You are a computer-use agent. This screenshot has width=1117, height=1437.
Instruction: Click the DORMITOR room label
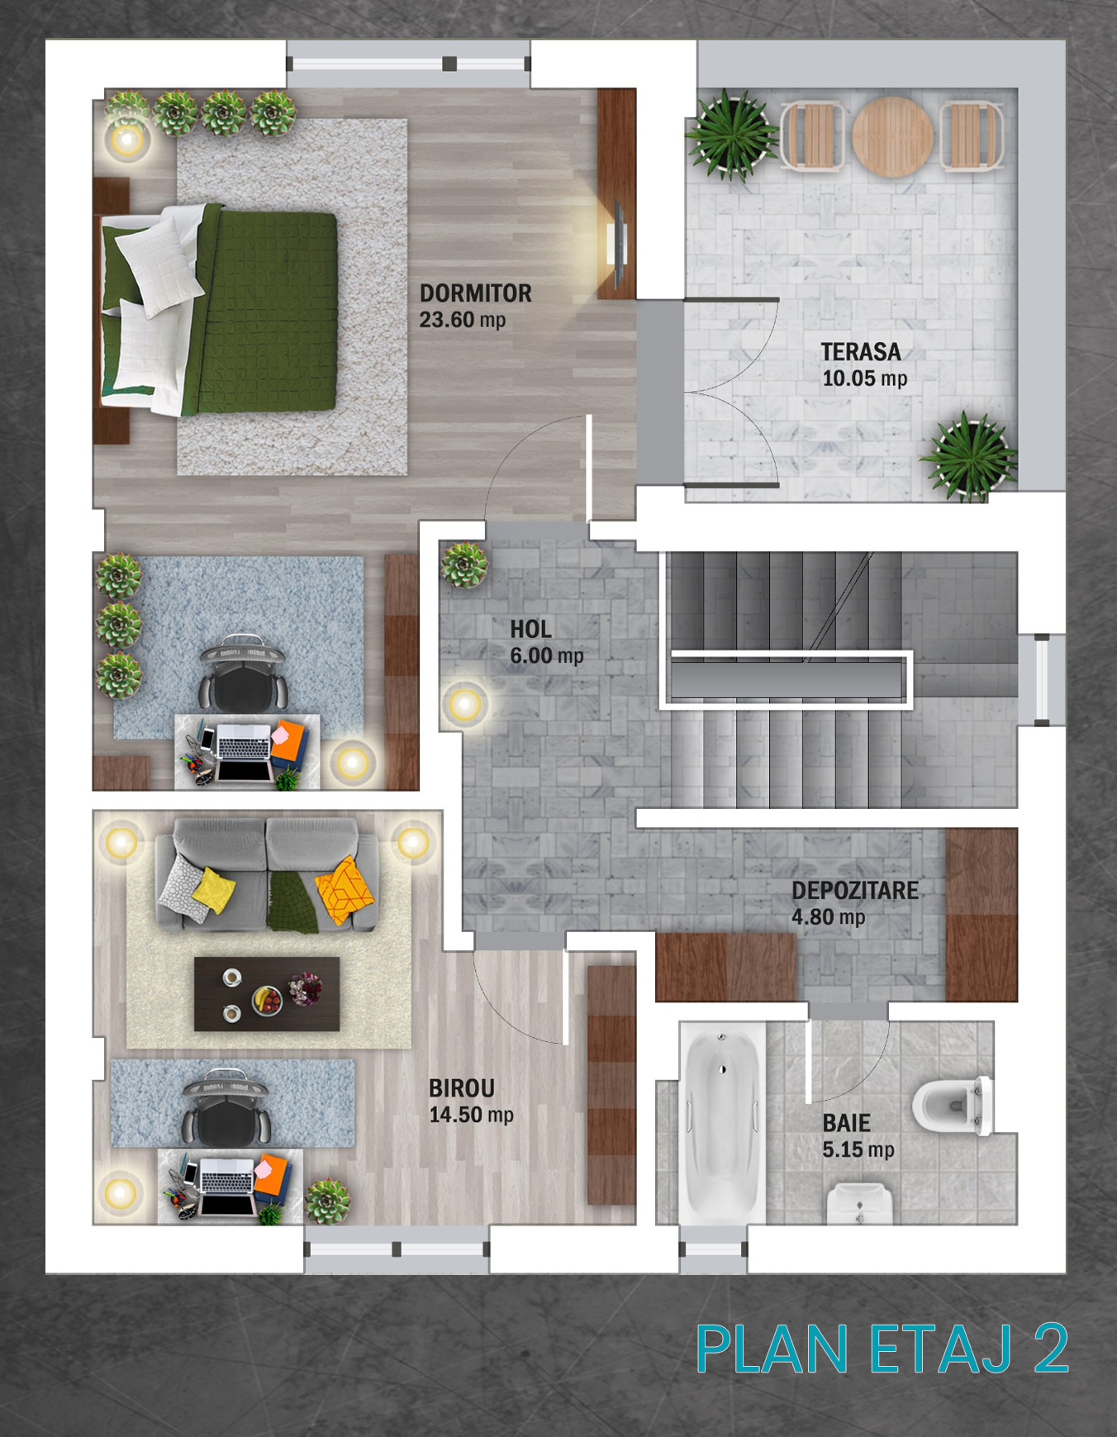point(475,293)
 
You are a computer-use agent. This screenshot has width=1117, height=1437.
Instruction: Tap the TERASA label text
point(861,352)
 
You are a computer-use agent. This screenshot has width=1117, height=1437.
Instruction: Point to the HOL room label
point(530,630)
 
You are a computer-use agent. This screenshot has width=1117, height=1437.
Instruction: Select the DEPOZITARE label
point(855,891)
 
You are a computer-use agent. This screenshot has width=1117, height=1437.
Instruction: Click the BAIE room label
point(846,1123)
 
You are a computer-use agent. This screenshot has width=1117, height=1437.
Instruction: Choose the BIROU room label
point(461,1088)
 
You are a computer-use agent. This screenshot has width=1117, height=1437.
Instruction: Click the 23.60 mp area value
point(462,320)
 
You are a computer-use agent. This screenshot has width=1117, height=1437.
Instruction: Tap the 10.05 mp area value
point(864,378)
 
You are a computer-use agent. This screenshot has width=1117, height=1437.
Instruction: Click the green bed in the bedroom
point(219,310)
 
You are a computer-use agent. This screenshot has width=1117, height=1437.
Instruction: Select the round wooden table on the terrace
point(892,136)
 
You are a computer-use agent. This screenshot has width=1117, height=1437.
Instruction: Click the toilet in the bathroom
point(953,1105)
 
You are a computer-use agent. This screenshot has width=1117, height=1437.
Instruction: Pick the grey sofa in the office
point(267,874)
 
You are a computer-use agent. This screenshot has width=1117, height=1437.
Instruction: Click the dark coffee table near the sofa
point(267,994)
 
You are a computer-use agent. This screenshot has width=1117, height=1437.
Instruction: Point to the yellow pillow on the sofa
point(213,889)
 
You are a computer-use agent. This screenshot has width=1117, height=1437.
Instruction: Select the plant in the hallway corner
point(464,565)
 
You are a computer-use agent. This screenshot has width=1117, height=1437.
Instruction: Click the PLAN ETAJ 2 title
point(882,1349)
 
